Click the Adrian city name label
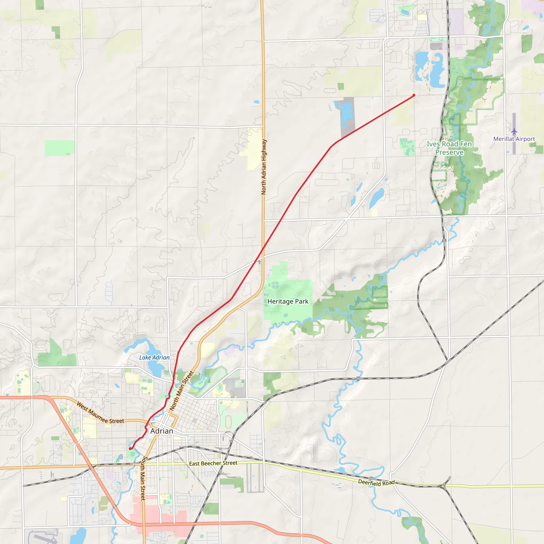click(161, 431)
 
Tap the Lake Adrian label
click(154, 358)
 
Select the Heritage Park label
click(288, 301)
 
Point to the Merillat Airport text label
click(514, 139)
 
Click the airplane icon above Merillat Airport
click(514, 131)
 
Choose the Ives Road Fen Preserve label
click(449, 148)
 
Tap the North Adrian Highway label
click(263, 167)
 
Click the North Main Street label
click(181, 390)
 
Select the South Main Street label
click(143, 478)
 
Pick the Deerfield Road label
click(376, 483)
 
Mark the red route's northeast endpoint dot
click(414, 95)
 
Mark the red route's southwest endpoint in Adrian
click(130, 449)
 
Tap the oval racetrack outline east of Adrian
click(228, 422)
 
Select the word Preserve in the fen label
click(449, 152)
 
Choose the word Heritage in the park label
click(280, 301)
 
